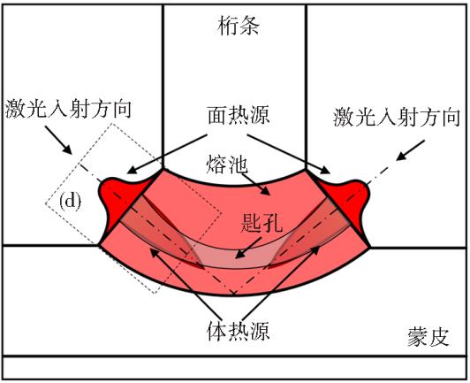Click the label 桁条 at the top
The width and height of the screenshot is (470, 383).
click(239, 26)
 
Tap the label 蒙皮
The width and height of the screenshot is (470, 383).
click(428, 337)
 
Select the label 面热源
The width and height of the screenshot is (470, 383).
click(239, 115)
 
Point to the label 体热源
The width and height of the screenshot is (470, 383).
click(239, 331)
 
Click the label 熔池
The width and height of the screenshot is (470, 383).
click(227, 165)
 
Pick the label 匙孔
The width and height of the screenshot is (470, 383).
click(262, 223)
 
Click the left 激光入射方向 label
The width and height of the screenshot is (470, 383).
click(68, 109)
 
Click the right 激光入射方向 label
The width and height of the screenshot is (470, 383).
click(397, 117)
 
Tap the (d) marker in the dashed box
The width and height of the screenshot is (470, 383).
click(70, 202)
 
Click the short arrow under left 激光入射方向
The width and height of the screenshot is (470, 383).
click(58, 140)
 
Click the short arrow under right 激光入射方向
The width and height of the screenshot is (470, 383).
click(410, 150)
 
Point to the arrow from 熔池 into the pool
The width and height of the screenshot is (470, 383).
click(255, 185)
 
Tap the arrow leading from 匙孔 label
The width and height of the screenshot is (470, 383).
click(248, 248)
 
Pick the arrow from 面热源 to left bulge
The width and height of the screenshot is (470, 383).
click(167, 154)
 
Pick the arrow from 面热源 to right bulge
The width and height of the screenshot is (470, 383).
click(288, 154)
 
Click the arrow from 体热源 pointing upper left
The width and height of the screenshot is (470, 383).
click(186, 284)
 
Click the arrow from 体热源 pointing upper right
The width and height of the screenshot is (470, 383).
click(281, 283)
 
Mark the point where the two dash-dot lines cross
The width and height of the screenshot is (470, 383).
click(234, 292)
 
